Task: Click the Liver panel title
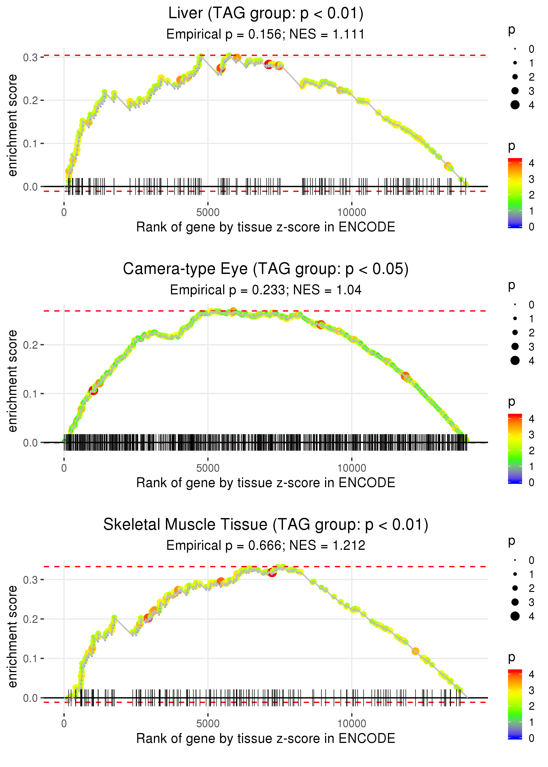[266, 14]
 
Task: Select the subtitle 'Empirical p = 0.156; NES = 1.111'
[266, 34]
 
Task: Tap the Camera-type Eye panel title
[266, 269]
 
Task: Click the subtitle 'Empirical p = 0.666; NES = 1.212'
[266, 545]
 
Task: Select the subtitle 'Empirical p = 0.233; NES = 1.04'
[266, 290]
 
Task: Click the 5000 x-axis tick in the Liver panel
[208, 213]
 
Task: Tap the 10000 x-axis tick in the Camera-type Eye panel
[352, 468]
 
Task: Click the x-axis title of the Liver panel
[266, 227]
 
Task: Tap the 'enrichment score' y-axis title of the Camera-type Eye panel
[12, 381]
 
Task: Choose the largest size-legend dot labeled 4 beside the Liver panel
[515, 105]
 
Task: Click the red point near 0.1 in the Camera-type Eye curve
[93, 390]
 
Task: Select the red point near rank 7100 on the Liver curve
[268, 64]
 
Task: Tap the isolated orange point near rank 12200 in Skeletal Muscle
[415, 651]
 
